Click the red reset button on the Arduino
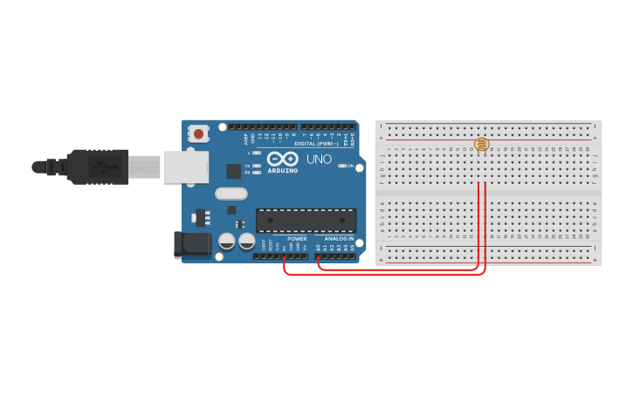[199, 134]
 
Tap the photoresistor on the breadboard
[482, 144]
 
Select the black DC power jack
[193, 245]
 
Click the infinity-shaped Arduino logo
[283, 160]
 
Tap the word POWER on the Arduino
[297, 238]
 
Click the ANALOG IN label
[339, 238]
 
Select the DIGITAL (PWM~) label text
[316, 143]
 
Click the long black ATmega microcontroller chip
[306, 221]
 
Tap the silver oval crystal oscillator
[230, 194]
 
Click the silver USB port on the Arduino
[186, 167]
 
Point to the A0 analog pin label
[318, 248]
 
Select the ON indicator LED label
[351, 166]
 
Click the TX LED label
[248, 165]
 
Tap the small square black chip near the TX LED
[233, 171]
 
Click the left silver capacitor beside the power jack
[226, 242]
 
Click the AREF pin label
[244, 138]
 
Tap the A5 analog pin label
[353, 248]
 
